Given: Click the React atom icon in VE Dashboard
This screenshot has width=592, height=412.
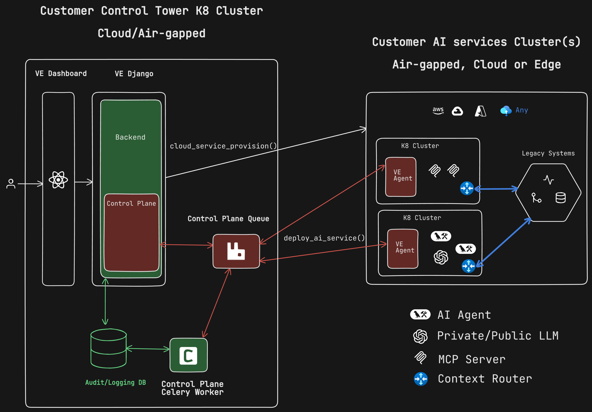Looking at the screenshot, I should (58, 180).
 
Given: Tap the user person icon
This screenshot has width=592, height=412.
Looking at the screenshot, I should (11, 184).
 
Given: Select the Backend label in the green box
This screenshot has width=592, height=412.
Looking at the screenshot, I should (130, 137).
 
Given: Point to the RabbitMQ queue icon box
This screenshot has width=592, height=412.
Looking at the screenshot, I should (236, 251).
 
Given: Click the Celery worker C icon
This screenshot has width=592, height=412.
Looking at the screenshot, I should (188, 355).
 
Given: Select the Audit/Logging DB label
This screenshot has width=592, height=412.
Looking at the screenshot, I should (115, 382).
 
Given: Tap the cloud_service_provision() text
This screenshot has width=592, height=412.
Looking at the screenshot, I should (223, 146).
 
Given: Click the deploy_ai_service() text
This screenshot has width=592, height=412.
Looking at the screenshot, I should (324, 238).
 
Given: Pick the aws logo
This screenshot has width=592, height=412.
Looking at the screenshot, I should (438, 110).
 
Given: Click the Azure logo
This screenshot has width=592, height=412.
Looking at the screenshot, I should (480, 111).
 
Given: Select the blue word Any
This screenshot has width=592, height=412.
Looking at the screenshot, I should (522, 110).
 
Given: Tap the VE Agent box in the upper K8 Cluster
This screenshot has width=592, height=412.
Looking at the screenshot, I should (401, 177).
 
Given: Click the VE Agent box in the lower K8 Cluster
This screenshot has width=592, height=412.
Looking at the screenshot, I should (403, 249).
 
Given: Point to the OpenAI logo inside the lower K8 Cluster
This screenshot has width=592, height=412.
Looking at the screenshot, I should (441, 257).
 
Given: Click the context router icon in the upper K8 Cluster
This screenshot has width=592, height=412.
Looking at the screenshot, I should (467, 188).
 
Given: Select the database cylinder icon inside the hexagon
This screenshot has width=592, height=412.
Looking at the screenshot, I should (560, 198).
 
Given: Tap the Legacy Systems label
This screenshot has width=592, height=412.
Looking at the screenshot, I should (548, 153).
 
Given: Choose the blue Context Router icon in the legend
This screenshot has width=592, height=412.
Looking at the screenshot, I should (421, 379).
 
